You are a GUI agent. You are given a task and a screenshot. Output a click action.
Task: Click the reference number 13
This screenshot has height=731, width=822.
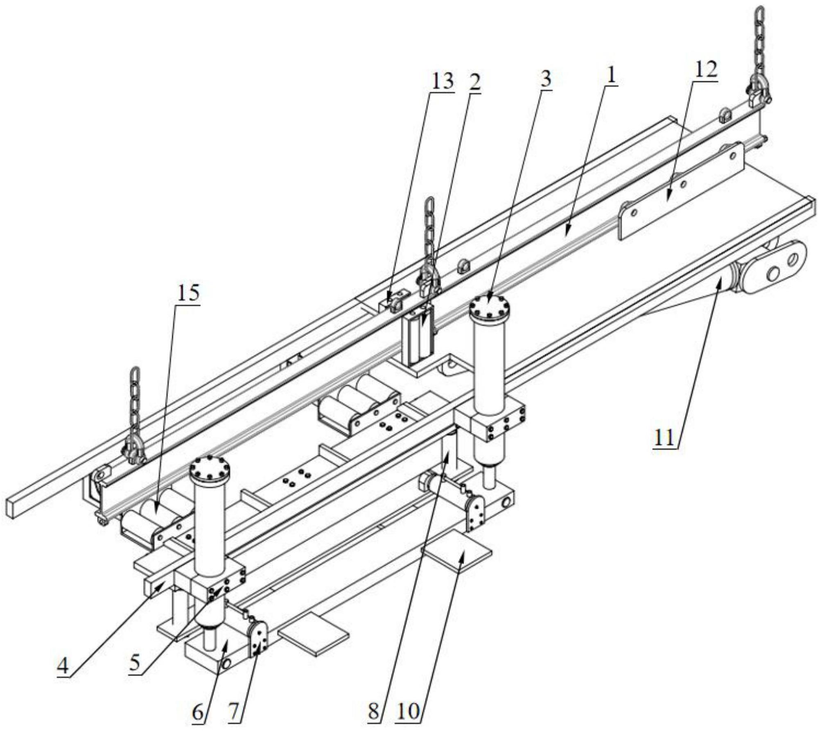[x=442, y=81]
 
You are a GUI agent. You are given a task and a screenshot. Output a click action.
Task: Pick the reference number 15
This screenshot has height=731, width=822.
[x=188, y=293]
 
